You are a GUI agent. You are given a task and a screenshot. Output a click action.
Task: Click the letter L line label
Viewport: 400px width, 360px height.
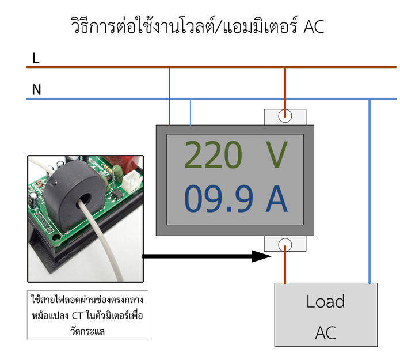point(36,58)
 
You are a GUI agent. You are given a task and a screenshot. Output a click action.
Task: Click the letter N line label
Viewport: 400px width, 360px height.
point(36,90)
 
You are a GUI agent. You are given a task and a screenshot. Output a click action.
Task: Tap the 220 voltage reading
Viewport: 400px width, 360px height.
point(213,155)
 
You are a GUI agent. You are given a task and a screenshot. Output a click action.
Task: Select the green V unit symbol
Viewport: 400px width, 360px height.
point(277,155)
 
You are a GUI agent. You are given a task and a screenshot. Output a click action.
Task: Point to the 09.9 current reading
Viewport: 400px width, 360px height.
point(219,199)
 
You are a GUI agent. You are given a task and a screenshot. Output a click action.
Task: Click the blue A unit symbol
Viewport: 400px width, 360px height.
point(277,199)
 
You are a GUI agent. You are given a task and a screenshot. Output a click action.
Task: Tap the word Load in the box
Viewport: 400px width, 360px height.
point(326,301)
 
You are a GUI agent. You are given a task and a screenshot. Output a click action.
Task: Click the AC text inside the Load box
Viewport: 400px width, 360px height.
point(326,333)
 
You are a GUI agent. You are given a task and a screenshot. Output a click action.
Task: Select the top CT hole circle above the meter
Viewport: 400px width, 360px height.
point(285,116)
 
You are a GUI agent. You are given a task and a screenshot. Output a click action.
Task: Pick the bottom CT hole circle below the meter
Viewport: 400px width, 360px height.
point(285,245)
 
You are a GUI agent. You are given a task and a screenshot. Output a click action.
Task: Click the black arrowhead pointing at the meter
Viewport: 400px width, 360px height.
point(261,256)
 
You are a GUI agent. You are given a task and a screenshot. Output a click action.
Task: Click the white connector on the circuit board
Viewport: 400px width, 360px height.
point(131,181)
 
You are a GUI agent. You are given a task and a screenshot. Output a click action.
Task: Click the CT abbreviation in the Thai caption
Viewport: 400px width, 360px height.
point(77,316)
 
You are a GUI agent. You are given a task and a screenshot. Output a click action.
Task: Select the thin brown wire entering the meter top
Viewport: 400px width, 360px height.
point(169,96)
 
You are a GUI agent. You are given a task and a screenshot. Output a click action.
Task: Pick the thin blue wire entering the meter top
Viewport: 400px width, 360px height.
point(191,112)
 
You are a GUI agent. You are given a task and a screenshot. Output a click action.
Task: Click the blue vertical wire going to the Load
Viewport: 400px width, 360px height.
point(369,191)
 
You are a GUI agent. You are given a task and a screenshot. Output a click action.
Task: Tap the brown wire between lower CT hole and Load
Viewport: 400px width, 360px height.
point(285,264)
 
